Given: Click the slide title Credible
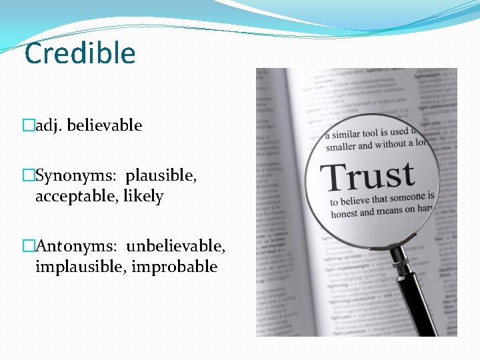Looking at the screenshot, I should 80,53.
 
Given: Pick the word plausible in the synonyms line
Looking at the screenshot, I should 161,176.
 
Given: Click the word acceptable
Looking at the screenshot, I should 77,197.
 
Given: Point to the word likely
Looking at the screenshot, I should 143,197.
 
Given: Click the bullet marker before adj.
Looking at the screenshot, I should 29,125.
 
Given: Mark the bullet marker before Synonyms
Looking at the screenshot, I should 29,176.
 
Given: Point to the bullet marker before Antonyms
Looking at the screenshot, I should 29,246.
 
